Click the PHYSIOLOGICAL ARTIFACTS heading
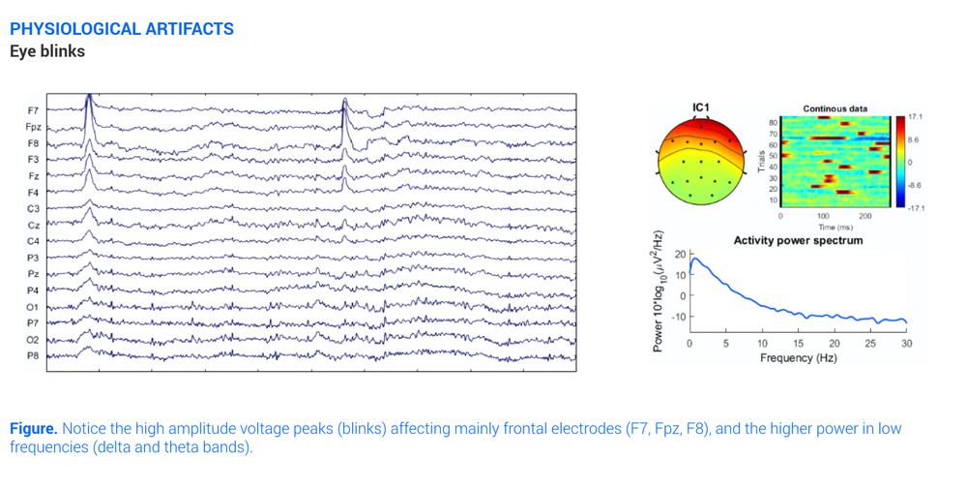tap(122, 29)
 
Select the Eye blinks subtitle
tap(47, 51)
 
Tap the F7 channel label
tap(34, 110)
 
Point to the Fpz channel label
tap(33, 127)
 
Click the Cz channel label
tap(34, 225)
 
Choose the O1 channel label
tap(34, 307)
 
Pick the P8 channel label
tap(34, 356)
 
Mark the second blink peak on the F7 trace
tap(344, 101)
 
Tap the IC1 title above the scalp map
tap(701, 107)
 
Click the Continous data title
tap(835, 109)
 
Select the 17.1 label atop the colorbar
tap(915, 117)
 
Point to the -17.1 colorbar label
tap(914, 208)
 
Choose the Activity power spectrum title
tap(798, 240)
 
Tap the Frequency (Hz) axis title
tap(798, 357)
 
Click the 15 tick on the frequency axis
tap(798, 343)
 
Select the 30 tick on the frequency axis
tap(906, 343)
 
